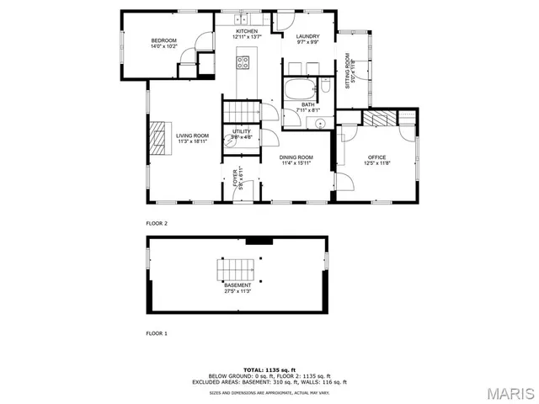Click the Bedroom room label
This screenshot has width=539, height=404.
(x=164, y=40)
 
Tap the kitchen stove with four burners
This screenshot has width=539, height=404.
(x=243, y=60)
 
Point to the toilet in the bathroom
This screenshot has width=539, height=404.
(x=323, y=86)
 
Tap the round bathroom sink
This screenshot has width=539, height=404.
(x=319, y=121)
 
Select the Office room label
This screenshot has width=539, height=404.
(x=376, y=157)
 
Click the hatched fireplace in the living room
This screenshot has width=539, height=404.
(x=157, y=136)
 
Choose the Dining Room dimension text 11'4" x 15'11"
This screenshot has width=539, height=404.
(x=297, y=163)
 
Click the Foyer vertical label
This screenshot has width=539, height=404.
(x=236, y=178)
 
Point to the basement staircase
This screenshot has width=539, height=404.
(x=235, y=270)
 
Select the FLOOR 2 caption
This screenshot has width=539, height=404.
(x=157, y=224)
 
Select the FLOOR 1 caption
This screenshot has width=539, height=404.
(x=157, y=334)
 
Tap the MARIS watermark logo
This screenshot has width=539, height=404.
(x=510, y=393)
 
